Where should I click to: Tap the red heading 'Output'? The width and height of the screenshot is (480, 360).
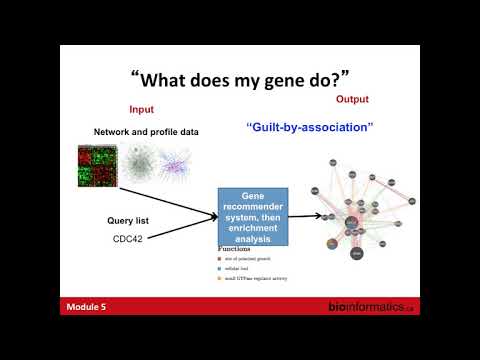(x=351, y=100)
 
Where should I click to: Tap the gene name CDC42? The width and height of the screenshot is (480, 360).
(x=129, y=240)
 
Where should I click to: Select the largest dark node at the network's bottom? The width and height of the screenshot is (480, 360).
(x=355, y=254)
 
